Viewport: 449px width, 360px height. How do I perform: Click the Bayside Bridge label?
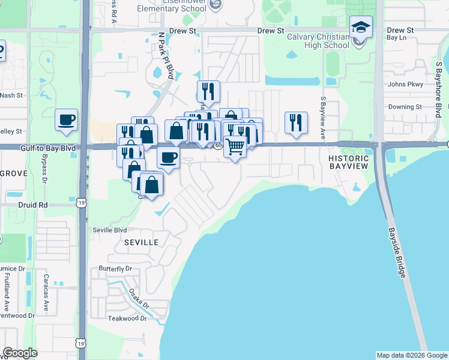coord(397,253)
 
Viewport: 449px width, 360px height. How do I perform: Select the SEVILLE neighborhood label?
coord(142,242)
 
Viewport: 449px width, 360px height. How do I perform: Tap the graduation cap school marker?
coord(361,27)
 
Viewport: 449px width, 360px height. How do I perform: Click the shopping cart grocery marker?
coord(235,146)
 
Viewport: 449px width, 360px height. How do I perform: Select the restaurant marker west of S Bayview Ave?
coord(296,123)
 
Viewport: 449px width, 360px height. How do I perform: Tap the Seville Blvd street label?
coord(110,230)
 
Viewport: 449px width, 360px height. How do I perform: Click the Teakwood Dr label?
coord(127,318)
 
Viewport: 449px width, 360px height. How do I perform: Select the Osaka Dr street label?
coord(139,299)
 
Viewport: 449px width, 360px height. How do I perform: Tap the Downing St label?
coord(405,107)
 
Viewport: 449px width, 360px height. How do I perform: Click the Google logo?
coord(20,352)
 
